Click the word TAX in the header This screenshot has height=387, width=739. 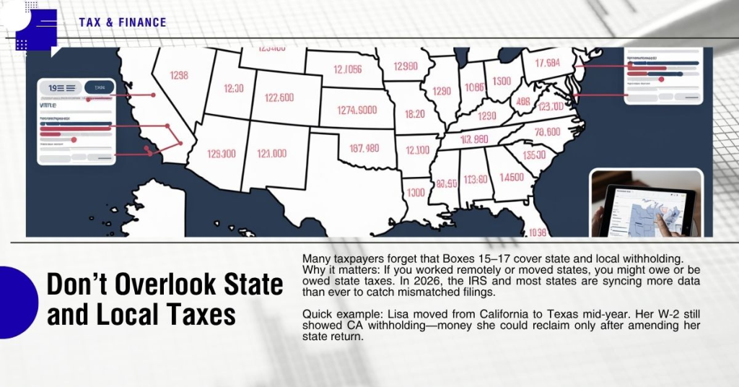pos(90,22)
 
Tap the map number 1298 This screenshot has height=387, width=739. pos(178,75)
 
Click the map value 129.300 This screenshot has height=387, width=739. pos(221,154)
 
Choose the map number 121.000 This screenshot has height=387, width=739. pos(271,154)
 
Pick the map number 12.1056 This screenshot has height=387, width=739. pos(337,70)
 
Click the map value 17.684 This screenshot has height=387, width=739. pos(542,63)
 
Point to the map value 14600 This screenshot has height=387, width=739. pos(512,177)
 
